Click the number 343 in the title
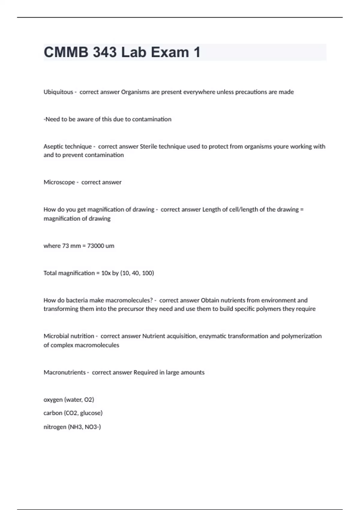click(105, 52)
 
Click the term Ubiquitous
click(58, 92)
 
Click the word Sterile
click(148, 146)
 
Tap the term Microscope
click(59, 182)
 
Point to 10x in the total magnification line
click(106, 273)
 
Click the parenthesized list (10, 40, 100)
click(137, 273)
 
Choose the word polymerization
click(301, 336)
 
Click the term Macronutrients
click(64, 373)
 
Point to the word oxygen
click(53, 400)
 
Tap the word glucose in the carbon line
click(91, 413)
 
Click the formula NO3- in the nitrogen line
click(93, 427)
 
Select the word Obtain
click(210, 300)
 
